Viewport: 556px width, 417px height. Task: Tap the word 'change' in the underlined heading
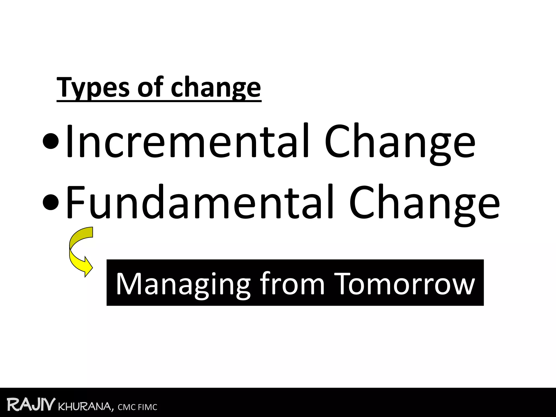click(216, 87)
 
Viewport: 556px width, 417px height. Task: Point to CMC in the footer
click(127, 407)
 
